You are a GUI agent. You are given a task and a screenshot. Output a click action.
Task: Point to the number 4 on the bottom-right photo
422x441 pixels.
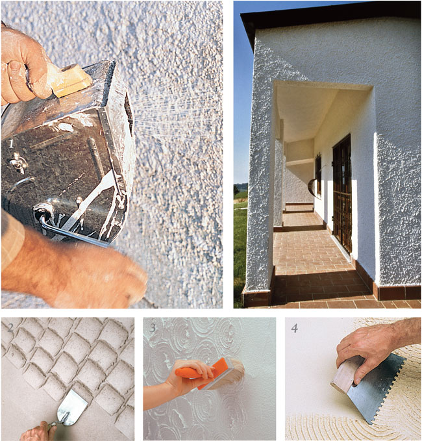[x=294, y=328]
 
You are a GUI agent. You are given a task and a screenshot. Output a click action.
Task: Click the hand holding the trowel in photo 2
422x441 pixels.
[x=39, y=431]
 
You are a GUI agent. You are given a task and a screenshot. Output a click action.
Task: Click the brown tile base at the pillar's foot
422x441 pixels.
[x=256, y=297]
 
